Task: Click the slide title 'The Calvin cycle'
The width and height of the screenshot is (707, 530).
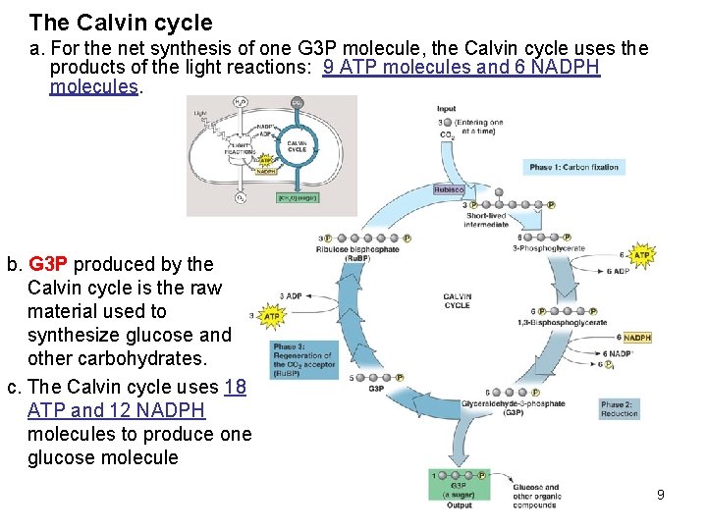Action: (x=121, y=23)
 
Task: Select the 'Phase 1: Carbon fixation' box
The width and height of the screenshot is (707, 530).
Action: (x=573, y=167)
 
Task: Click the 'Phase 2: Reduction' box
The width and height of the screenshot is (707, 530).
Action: (x=620, y=408)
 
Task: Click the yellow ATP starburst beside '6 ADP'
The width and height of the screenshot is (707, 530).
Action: (x=641, y=256)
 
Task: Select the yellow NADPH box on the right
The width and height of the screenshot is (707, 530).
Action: (x=637, y=338)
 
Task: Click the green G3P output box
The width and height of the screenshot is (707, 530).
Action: (x=459, y=488)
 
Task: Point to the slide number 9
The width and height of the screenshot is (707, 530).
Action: (x=661, y=495)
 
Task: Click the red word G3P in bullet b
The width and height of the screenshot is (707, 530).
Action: (x=49, y=264)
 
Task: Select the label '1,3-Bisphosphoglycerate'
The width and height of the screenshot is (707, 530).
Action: (x=569, y=323)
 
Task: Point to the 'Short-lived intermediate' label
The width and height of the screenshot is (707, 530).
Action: (x=487, y=220)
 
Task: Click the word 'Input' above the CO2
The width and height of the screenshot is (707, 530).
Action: (x=446, y=109)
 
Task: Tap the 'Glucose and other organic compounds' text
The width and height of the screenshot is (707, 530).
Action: (x=536, y=496)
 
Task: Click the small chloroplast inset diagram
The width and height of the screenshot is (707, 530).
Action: (x=271, y=154)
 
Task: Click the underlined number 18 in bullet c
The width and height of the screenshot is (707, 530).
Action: (x=235, y=387)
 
